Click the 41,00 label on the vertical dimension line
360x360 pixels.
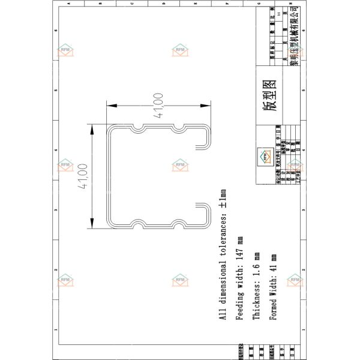coord(83,176)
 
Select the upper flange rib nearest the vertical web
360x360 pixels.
coord(139,129)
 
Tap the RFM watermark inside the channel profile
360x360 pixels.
coord(180,164)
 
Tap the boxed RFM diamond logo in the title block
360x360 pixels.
coord(265,155)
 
